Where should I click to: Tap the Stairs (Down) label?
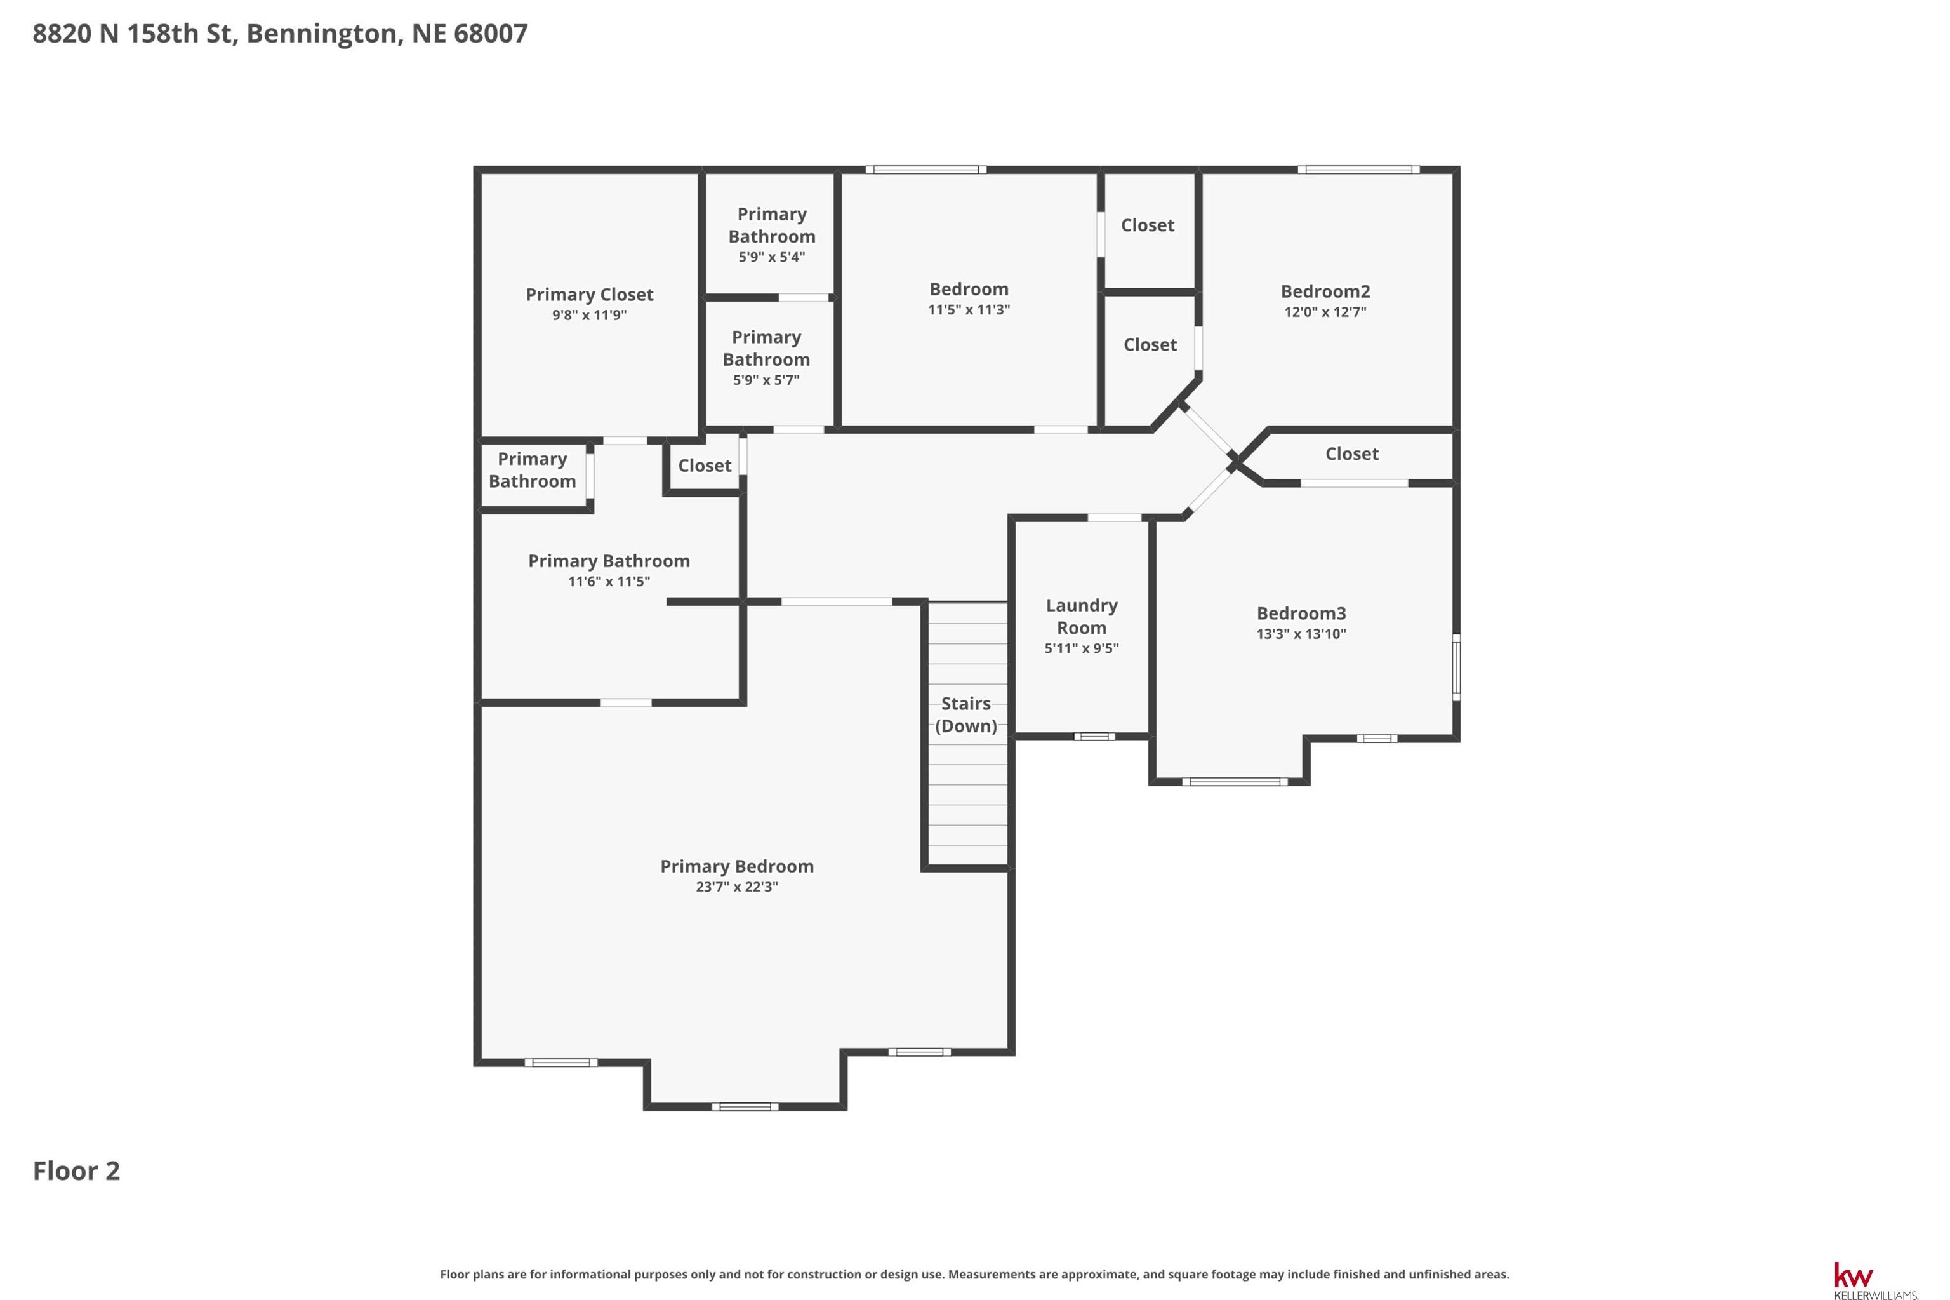pos(965,714)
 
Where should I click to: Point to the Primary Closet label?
pos(589,294)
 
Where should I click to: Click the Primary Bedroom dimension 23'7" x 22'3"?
pos(737,887)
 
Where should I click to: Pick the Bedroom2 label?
pos(1325,291)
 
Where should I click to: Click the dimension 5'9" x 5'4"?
pos(771,257)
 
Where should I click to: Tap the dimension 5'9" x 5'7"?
pos(766,380)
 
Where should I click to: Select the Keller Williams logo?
pos(1875,1280)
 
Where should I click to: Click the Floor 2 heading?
pos(76,1170)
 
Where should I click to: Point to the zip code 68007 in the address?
pos(491,33)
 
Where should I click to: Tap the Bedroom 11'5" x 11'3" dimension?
pos(969,310)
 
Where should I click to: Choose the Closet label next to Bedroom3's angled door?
pos(1351,453)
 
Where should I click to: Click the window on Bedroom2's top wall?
pos(1358,170)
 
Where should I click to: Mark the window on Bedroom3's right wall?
pos(1456,667)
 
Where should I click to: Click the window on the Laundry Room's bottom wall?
pos(1094,736)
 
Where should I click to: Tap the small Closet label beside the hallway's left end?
pos(705,465)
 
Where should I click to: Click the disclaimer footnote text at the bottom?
pos(974,1275)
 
